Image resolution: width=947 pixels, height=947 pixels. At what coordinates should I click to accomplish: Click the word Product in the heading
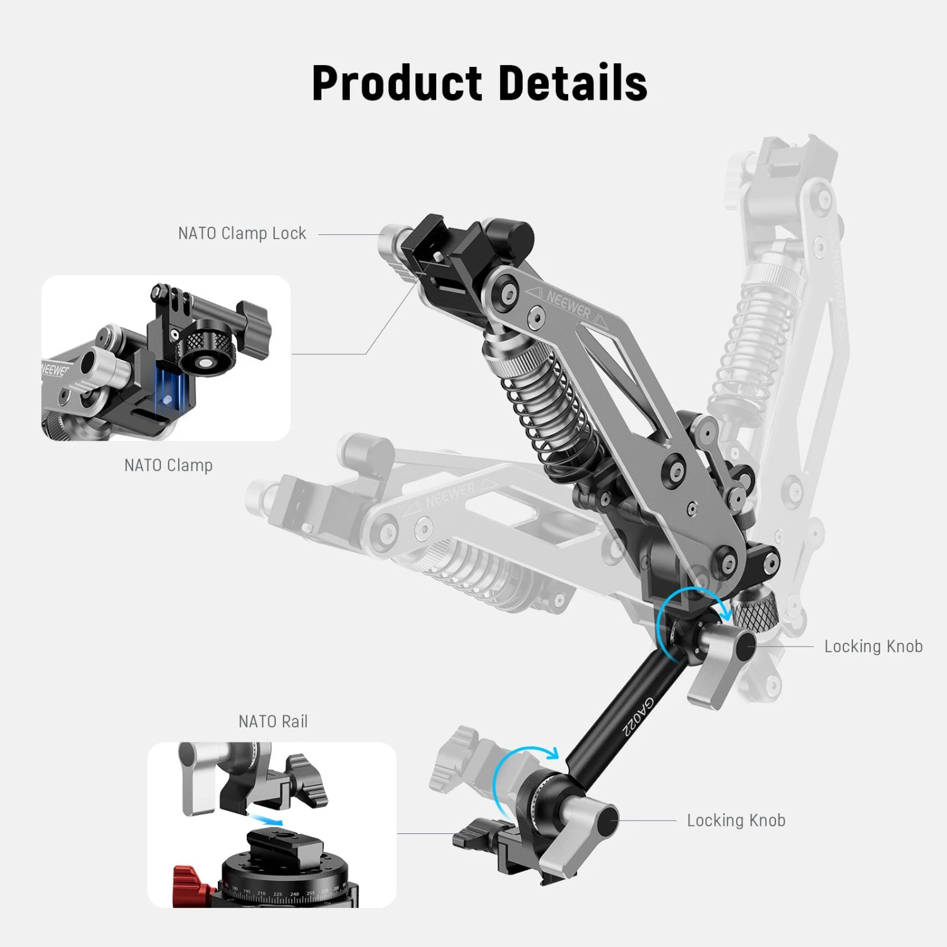pyautogui.click(x=396, y=83)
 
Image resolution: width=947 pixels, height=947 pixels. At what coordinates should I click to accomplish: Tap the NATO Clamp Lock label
pyautogui.click(x=242, y=234)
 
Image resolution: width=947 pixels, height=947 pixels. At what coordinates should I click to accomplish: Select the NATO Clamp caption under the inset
pyautogui.click(x=168, y=465)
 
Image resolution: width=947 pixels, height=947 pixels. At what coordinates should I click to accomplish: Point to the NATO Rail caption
pyautogui.click(x=273, y=722)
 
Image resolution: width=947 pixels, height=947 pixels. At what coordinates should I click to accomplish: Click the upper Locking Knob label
pyautogui.click(x=873, y=646)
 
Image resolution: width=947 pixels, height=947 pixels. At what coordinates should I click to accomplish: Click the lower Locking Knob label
pyautogui.click(x=736, y=821)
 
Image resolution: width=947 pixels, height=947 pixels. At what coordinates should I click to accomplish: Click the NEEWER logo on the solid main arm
pyautogui.click(x=568, y=306)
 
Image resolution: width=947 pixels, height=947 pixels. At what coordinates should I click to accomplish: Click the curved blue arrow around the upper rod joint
pyautogui.click(x=688, y=606)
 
